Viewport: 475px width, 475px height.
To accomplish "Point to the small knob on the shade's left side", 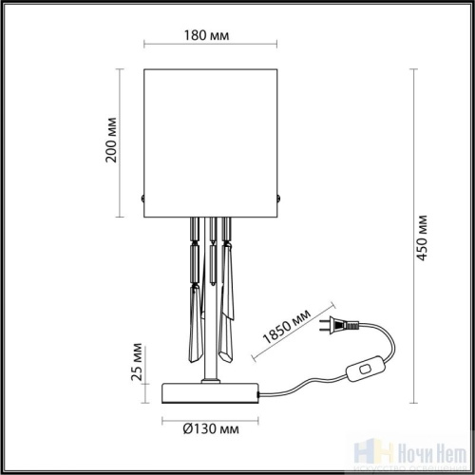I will pyautogui.click(x=142, y=198).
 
